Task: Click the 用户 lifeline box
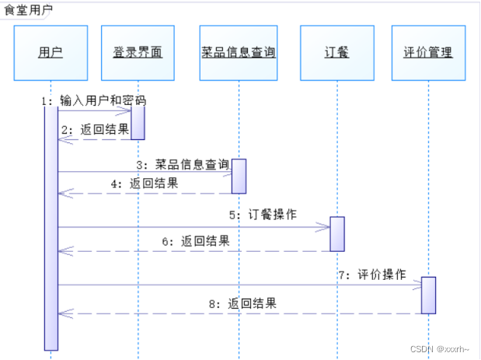51,53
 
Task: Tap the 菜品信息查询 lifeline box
238,53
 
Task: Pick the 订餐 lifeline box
336,53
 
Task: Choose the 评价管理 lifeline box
428,53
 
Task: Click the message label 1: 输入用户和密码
94,101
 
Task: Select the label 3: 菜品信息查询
183,164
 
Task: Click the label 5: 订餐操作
262,214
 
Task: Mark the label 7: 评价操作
371,274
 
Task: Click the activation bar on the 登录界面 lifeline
138,122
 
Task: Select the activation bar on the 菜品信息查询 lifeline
239,177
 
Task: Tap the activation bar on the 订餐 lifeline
337,234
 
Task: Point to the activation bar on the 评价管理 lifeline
428,295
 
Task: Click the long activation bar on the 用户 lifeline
51,225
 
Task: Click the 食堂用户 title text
28,10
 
